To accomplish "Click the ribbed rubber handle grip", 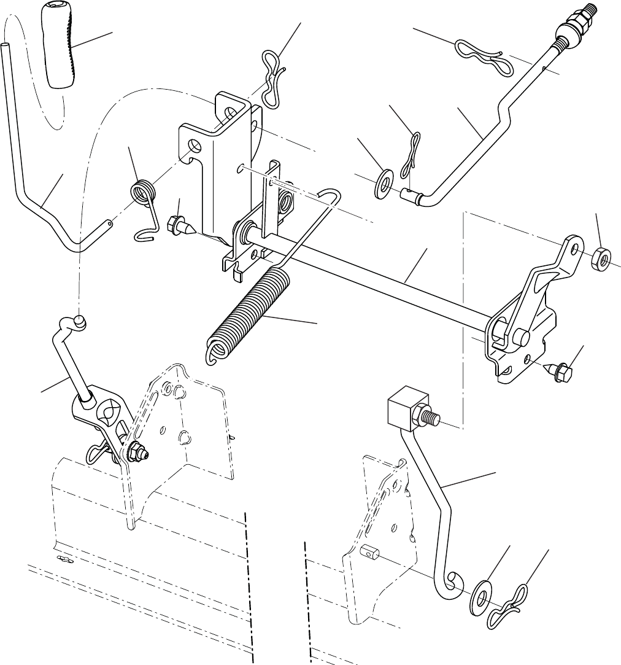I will (60, 46).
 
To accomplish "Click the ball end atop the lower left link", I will (79, 320).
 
